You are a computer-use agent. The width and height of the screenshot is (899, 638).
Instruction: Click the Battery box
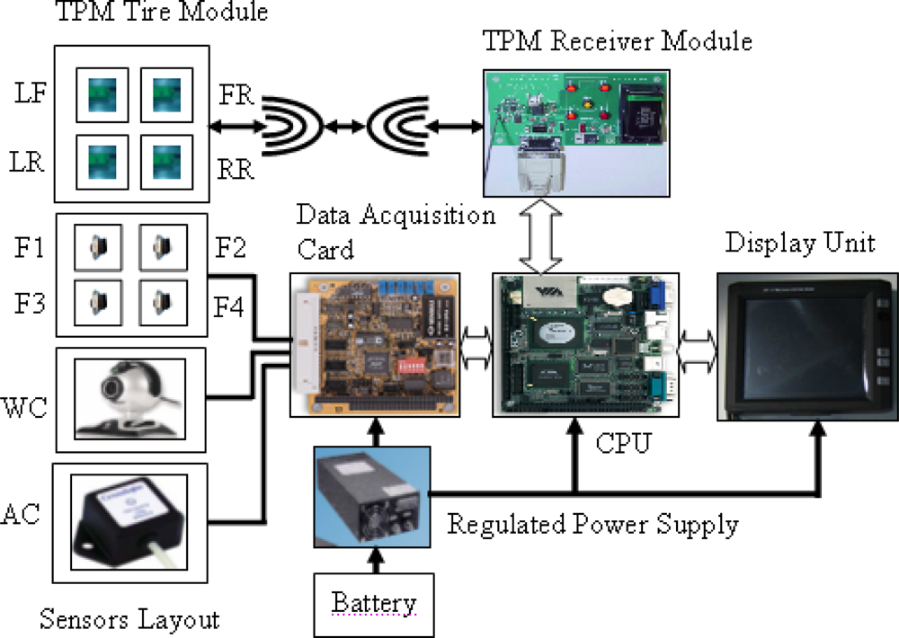click(373, 602)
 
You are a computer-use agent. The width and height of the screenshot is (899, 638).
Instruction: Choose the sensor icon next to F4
click(162, 302)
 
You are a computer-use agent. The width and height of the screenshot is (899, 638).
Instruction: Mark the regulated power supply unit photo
click(371, 497)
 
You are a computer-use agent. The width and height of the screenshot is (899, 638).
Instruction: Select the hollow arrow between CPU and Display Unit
click(698, 345)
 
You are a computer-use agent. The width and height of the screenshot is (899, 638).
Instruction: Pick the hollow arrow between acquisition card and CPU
click(476, 345)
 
